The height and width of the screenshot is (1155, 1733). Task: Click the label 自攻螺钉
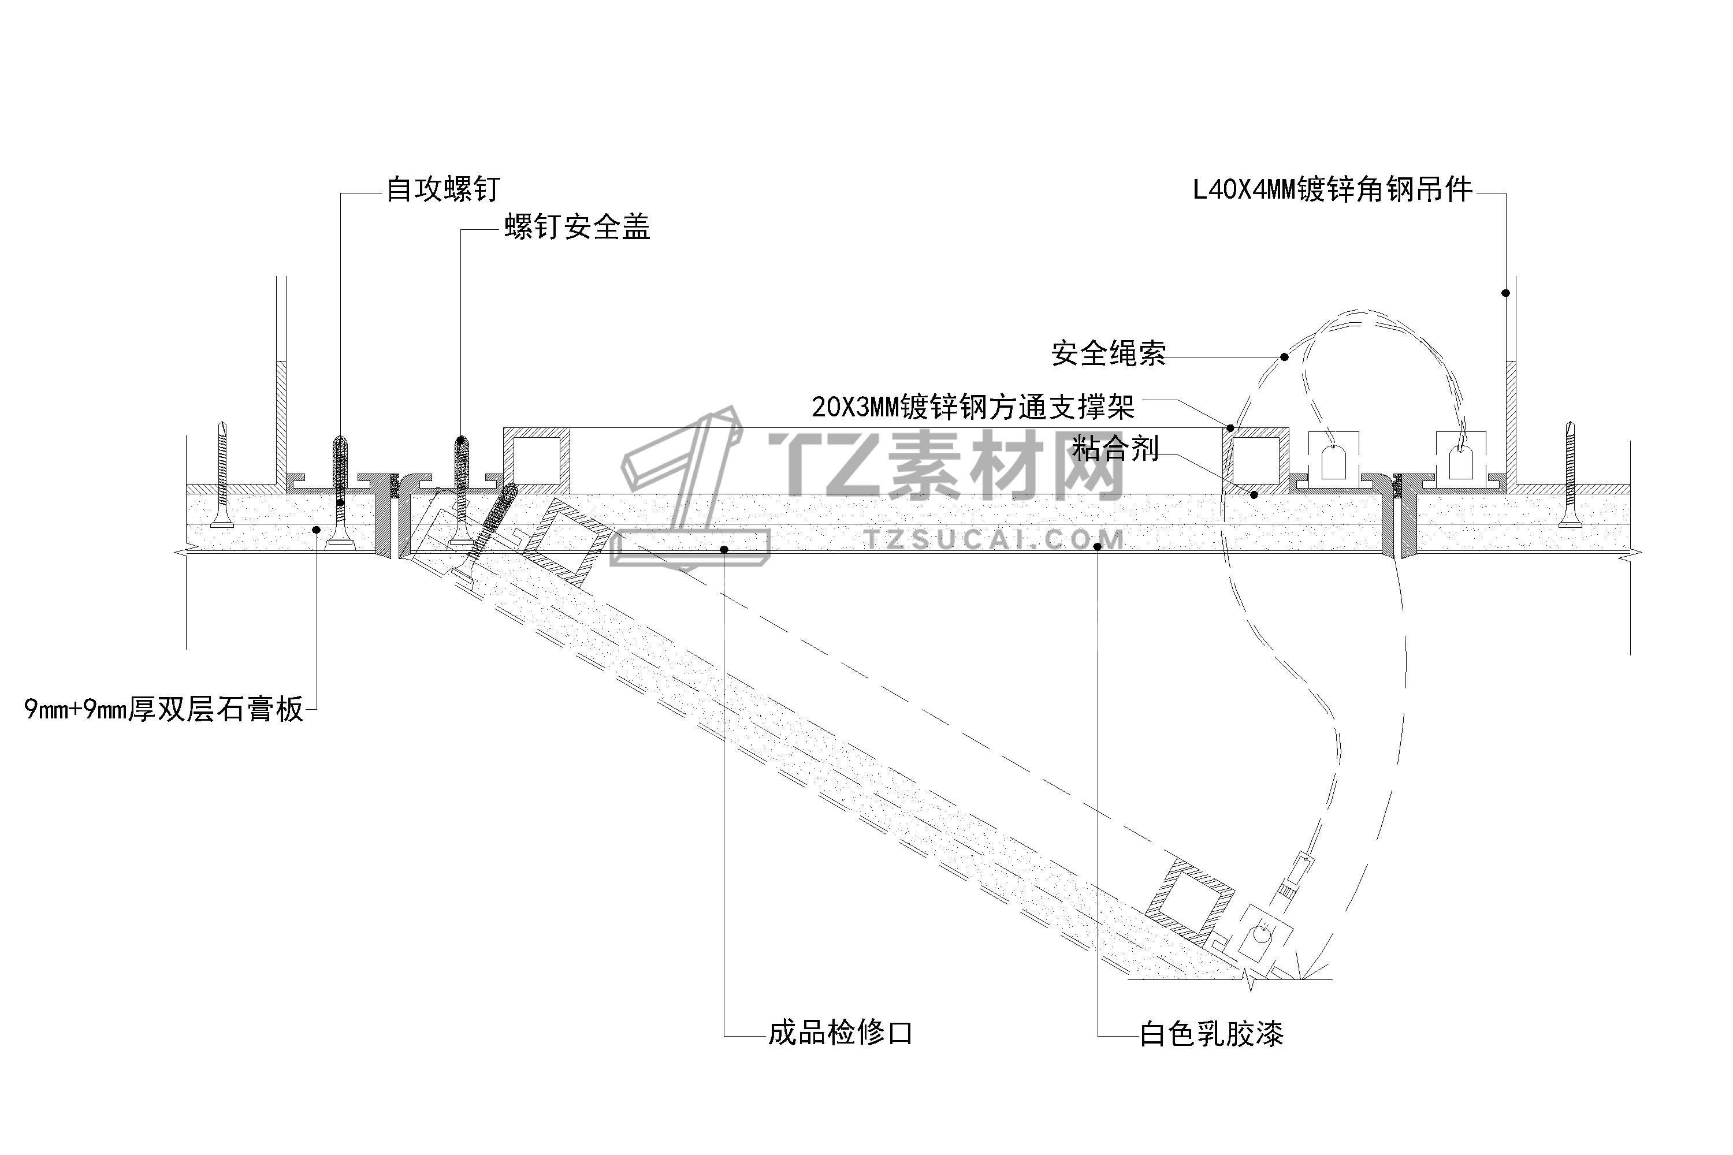point(443,189)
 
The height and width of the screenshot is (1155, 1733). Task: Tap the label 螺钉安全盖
point(577,228)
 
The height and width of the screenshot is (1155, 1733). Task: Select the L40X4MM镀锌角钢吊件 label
point(1332,190)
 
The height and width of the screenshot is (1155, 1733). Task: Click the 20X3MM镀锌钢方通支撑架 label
point(973,407)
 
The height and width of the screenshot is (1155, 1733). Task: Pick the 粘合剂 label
point(1115,449)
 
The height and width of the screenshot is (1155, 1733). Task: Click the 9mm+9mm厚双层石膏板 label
point(163,709)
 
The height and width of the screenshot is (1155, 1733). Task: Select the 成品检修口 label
point(840,1033)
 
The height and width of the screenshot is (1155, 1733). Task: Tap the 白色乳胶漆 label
point(1211,1034)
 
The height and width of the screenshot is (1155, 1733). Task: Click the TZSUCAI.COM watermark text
point(995,541)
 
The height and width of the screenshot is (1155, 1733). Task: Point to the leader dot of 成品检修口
point(724,549)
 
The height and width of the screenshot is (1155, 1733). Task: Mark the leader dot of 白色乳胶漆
point(1098,546)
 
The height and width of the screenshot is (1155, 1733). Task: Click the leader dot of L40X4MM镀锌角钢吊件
point(1505,293)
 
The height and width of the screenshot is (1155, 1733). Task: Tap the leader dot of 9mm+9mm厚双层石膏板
point(317,529)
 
